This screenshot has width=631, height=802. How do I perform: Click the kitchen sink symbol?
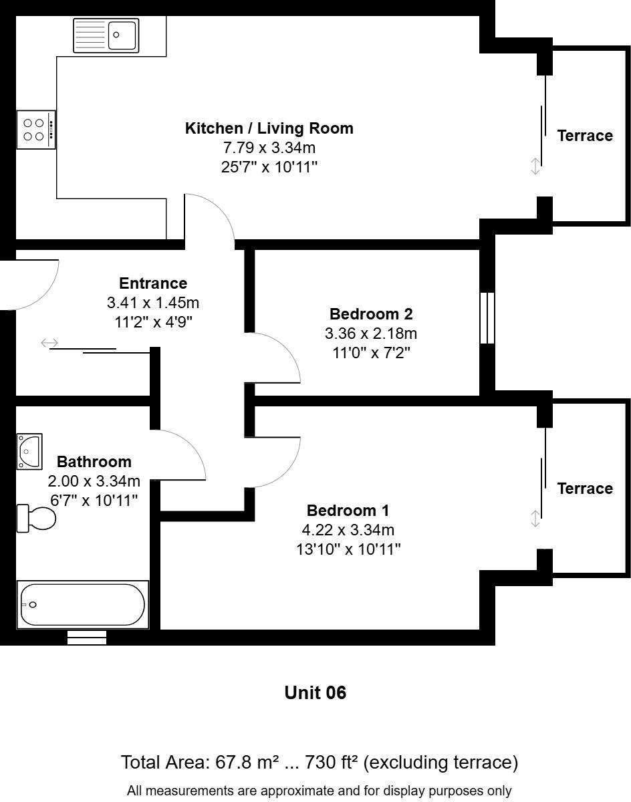106,35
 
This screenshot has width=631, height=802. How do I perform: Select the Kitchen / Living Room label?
269,128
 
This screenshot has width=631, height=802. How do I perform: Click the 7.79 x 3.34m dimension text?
269,147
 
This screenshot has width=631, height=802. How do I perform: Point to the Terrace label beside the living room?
585,136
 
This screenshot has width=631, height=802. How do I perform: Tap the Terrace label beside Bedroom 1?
585,489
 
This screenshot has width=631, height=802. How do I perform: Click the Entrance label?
153,283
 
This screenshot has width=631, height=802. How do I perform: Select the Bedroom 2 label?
371,314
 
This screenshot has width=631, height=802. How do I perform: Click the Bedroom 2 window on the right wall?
487,318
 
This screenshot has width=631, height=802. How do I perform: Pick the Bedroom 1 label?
348,511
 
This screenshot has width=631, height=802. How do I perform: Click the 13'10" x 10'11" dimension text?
348,549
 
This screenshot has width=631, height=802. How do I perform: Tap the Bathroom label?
94,462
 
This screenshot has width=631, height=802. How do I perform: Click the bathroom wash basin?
29,452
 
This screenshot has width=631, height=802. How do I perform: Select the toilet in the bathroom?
37,519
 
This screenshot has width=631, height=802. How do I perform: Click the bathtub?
82,605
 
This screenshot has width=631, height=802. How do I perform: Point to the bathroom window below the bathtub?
87,638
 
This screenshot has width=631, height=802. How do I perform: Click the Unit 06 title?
315,692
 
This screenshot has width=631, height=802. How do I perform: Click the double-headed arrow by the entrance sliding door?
49,343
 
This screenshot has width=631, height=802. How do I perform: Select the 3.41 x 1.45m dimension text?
153,303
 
